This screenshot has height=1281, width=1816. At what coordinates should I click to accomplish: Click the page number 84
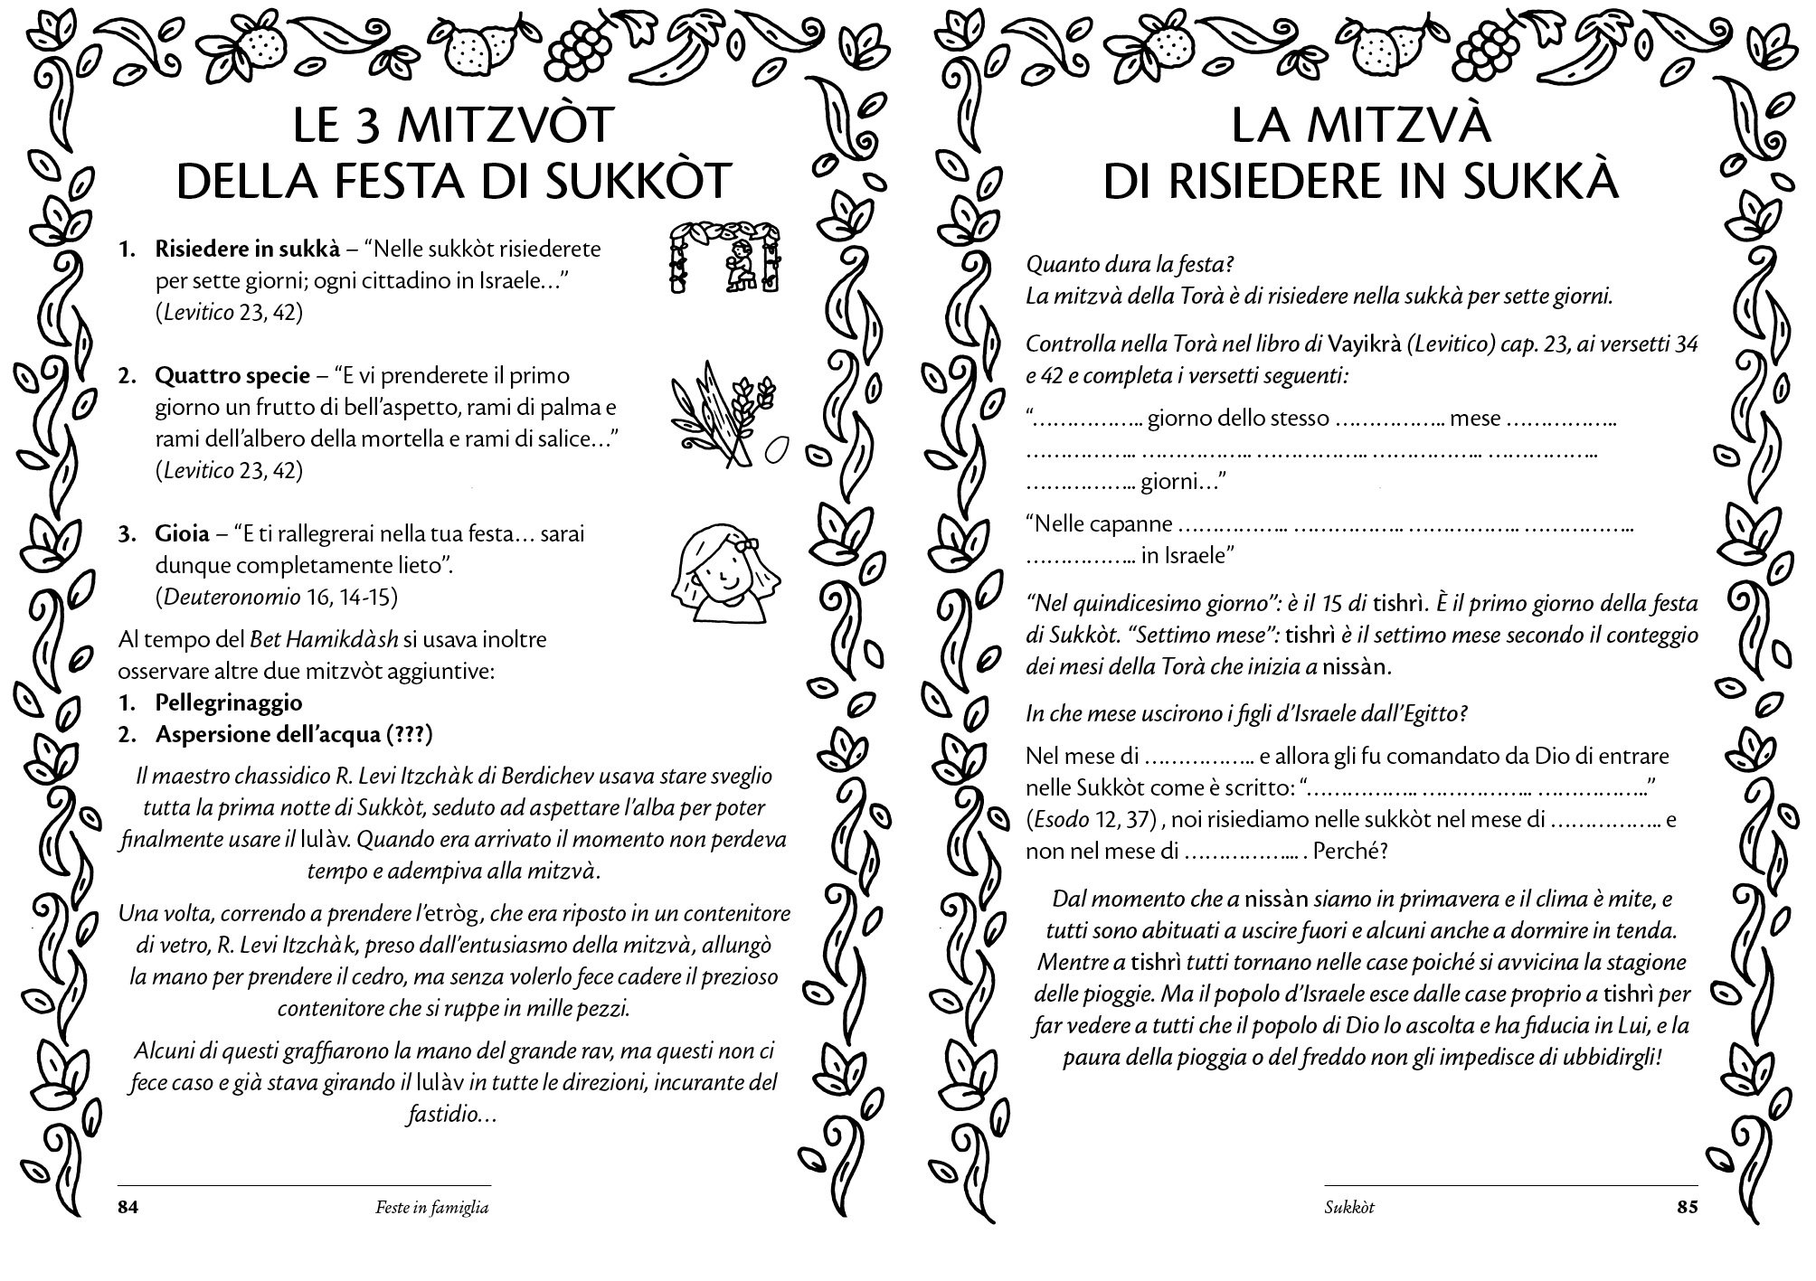coord(128,1207)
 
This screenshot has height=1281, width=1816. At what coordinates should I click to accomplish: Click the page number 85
coord(1687,1207)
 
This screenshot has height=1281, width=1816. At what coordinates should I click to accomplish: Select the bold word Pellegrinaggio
coord(229,702)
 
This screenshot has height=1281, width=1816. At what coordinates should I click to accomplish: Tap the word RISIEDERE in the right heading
coord(1303,181)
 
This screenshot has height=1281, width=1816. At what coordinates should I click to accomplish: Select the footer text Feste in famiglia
coord(431,1207)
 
